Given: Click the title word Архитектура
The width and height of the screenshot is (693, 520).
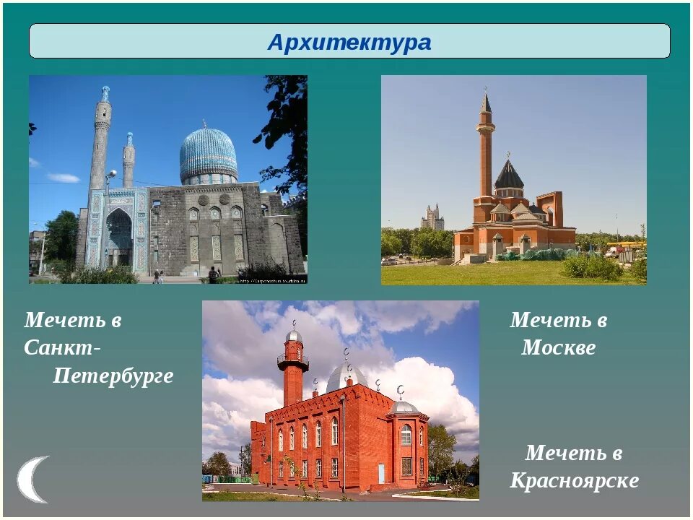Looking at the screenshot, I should (349, 43).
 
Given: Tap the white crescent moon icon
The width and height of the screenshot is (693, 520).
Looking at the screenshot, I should (32, 479).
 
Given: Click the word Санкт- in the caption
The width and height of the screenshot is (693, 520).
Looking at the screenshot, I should (62, 347).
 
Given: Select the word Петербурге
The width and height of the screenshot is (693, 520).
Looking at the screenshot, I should (113, 376).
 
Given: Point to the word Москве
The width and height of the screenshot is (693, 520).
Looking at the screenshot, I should (558, 347).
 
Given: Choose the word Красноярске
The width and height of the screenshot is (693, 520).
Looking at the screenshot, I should (574, 480).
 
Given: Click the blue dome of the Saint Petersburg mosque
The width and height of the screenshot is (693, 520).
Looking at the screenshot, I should (209, 154).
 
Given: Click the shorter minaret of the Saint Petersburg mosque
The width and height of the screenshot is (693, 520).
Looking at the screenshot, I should (128, 162).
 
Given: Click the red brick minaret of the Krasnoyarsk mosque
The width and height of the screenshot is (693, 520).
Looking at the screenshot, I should (292, 376).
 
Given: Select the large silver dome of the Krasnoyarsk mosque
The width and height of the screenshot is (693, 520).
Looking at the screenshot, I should (346, 378).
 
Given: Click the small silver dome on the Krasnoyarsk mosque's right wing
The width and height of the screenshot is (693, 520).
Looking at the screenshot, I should (404, 407).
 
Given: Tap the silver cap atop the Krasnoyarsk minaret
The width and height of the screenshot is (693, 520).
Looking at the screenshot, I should (293, 336).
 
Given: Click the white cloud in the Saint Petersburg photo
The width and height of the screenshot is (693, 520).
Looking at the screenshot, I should (64, 178).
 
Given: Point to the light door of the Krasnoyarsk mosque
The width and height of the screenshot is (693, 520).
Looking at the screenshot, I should (380, 473).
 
